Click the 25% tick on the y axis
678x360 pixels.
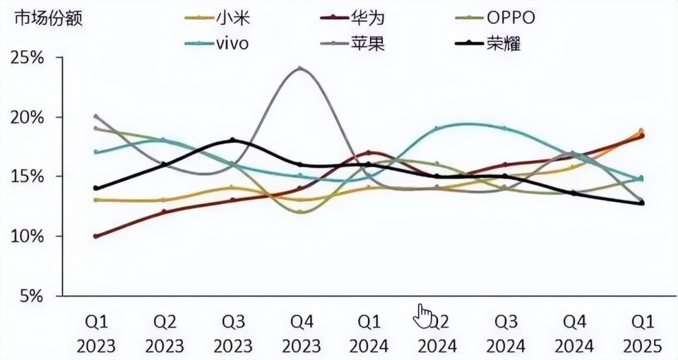tap(28, 57)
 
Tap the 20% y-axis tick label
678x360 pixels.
tap(28, 116)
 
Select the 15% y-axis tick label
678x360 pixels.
tap(28, 176)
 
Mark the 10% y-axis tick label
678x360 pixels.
tap(28, 236)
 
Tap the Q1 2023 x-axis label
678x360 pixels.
tap(96, 334)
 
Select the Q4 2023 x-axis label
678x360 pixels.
tap(302, 334)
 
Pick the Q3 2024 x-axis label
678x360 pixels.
tap(506, 334)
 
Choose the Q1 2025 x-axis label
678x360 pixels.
tap(642, 334)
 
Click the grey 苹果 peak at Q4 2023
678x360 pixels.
tap(301, 68)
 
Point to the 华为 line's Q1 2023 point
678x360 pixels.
tap(96, 236)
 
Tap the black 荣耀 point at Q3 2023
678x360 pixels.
tap(232, 140)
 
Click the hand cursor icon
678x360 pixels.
tap(423, 316)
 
